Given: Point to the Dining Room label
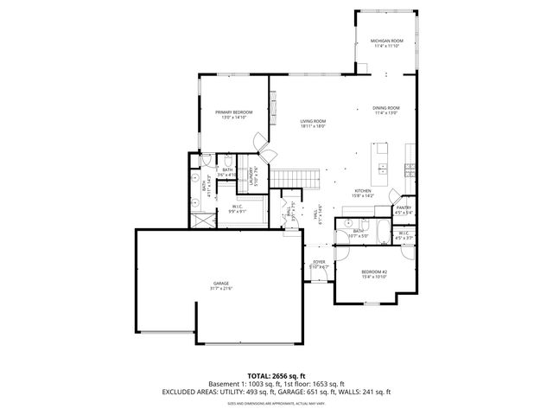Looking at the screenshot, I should tap(385, 108).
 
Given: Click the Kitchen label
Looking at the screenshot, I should tap(363, 191).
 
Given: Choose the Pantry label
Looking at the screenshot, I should tap(404, 207).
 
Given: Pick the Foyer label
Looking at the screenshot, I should tap(319, 262).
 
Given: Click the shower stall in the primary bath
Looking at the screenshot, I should tap(202, 215).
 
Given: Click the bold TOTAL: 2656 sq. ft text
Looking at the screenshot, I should tap(276, 376).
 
